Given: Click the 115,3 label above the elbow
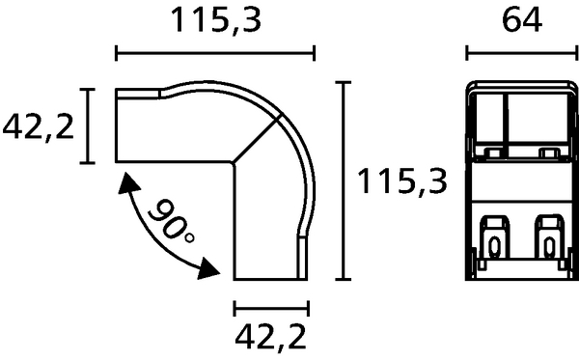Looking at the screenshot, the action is click(216, 20).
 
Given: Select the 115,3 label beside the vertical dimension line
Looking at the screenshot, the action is click(402, 180).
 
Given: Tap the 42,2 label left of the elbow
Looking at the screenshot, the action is click(38, 126).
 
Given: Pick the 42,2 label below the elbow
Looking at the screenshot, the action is click(270, 337).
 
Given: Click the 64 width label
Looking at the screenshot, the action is click(522, 20).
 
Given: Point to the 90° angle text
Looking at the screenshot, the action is click(172, 222).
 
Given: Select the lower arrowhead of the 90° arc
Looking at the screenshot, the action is click(207, 268).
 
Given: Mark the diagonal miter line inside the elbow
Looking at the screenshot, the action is click(256, 138).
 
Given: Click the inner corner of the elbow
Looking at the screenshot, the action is click(233, 163).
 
